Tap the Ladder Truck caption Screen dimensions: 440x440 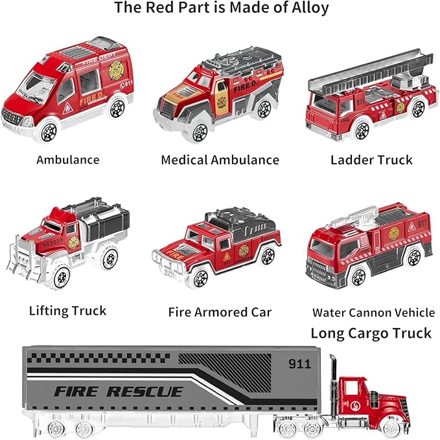pos(371,159)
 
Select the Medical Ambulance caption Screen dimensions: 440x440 pos(220,159)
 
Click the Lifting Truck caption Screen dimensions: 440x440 pos(67,311)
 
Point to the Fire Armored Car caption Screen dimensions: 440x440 pos(220,312)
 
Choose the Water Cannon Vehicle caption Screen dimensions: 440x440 pos(373,313)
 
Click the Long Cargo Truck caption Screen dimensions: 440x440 pos(371,333)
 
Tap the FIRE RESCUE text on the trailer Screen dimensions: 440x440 pos(118,391)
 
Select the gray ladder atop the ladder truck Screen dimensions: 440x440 pos(369,78)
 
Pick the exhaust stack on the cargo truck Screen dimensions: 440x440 pos(332,382)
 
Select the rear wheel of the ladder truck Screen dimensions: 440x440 pos(418,109)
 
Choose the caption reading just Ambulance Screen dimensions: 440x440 pos(67,159)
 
